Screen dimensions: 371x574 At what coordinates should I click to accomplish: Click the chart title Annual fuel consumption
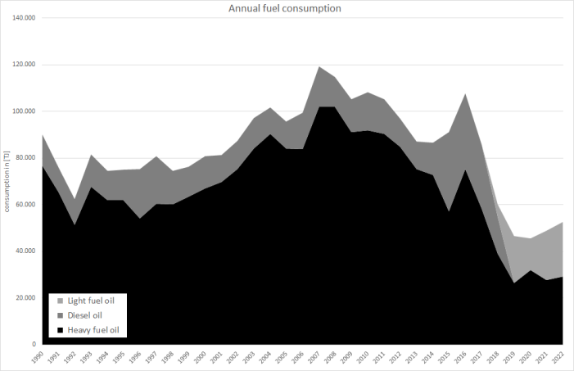(286, 9)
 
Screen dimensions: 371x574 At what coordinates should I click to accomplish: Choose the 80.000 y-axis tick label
(23, 158)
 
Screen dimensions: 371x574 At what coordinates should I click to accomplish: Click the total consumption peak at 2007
(318, 66)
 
